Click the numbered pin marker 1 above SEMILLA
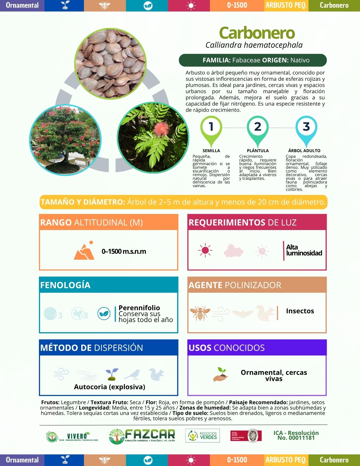tap(211, 127)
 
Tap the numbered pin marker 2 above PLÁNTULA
tap(258, 127)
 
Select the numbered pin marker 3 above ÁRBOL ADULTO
tap(306, 127)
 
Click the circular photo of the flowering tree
tap(65, 140)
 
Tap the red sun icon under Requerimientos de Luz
tap(205, 250)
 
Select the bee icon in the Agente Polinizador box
tap(200, 312)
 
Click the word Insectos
tap(300, 311)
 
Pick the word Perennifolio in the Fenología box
tap(139, 308)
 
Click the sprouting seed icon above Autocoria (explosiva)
tap(112, 374)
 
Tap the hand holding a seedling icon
tap(221, 374)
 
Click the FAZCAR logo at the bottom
tap(142, 436)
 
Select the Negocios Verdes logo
tap(202, 436)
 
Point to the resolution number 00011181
tap(296, 438)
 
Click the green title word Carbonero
tap(257, 33)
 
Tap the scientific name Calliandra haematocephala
tap(254, 45)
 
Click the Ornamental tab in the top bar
tap(22, 5)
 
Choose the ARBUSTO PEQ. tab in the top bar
tap(286, 5)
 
